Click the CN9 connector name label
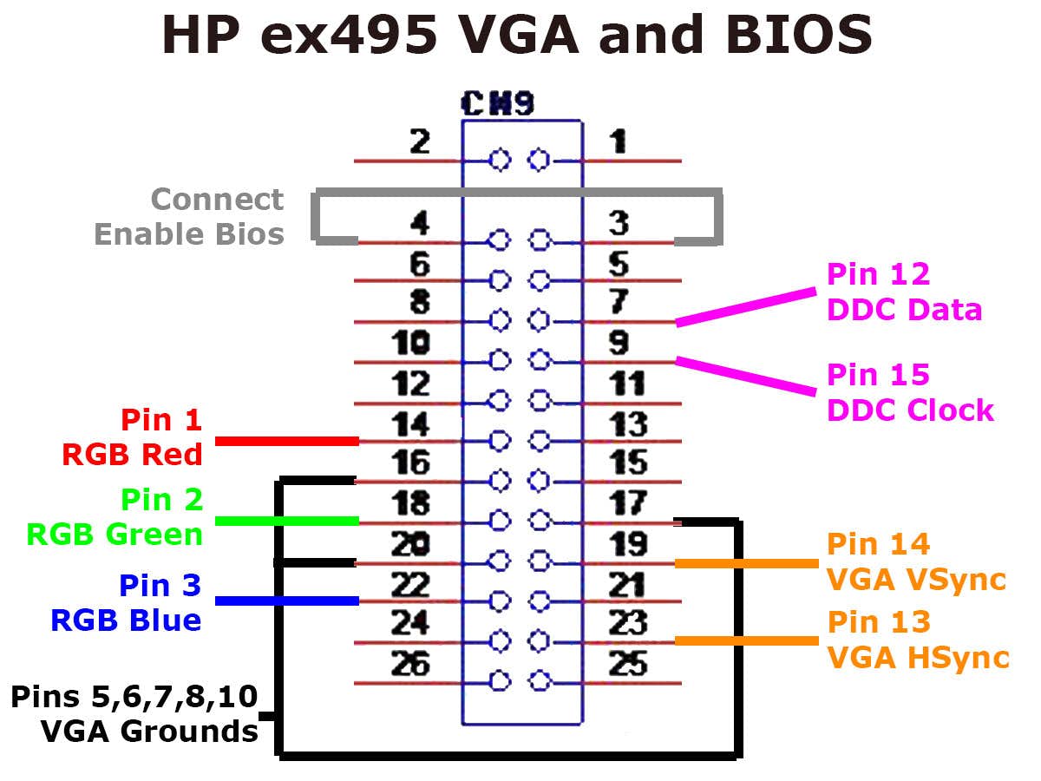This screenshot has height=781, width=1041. tap(499, 104)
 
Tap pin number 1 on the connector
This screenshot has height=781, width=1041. tap(618, 141)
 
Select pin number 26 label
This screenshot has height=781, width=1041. tap(411, 664)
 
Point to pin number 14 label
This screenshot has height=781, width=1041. tap(411, 424)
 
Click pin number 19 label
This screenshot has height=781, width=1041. tap(627, 544)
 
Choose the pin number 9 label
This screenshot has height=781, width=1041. tap(618, 343)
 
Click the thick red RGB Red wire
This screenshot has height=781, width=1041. tap(286, 441)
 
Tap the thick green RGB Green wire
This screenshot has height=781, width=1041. tap(286, 521)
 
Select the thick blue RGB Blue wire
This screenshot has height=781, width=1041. tap(286, 601)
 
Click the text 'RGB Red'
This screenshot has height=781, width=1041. tap(132, 454)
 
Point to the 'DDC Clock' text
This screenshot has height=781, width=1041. tap(910, 410)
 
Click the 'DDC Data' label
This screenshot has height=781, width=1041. tap(905, 310)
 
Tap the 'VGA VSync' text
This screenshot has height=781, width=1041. tap(916, 579)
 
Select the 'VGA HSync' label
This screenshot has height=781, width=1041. tap(918, 657)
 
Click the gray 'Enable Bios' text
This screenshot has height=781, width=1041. tap(189, 233)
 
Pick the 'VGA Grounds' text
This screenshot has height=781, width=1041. tap(149, 731)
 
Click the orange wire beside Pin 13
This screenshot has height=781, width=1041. tap(746, 640)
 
